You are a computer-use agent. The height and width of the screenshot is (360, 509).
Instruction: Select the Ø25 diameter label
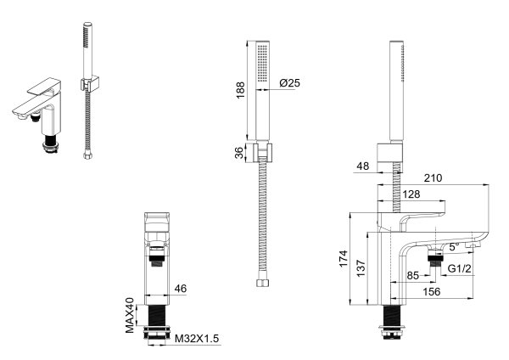[x=289, y=83]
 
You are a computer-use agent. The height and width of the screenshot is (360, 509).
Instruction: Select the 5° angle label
[x=452, y=246]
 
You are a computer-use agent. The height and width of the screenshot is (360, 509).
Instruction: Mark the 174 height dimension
[x=342, y=257]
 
